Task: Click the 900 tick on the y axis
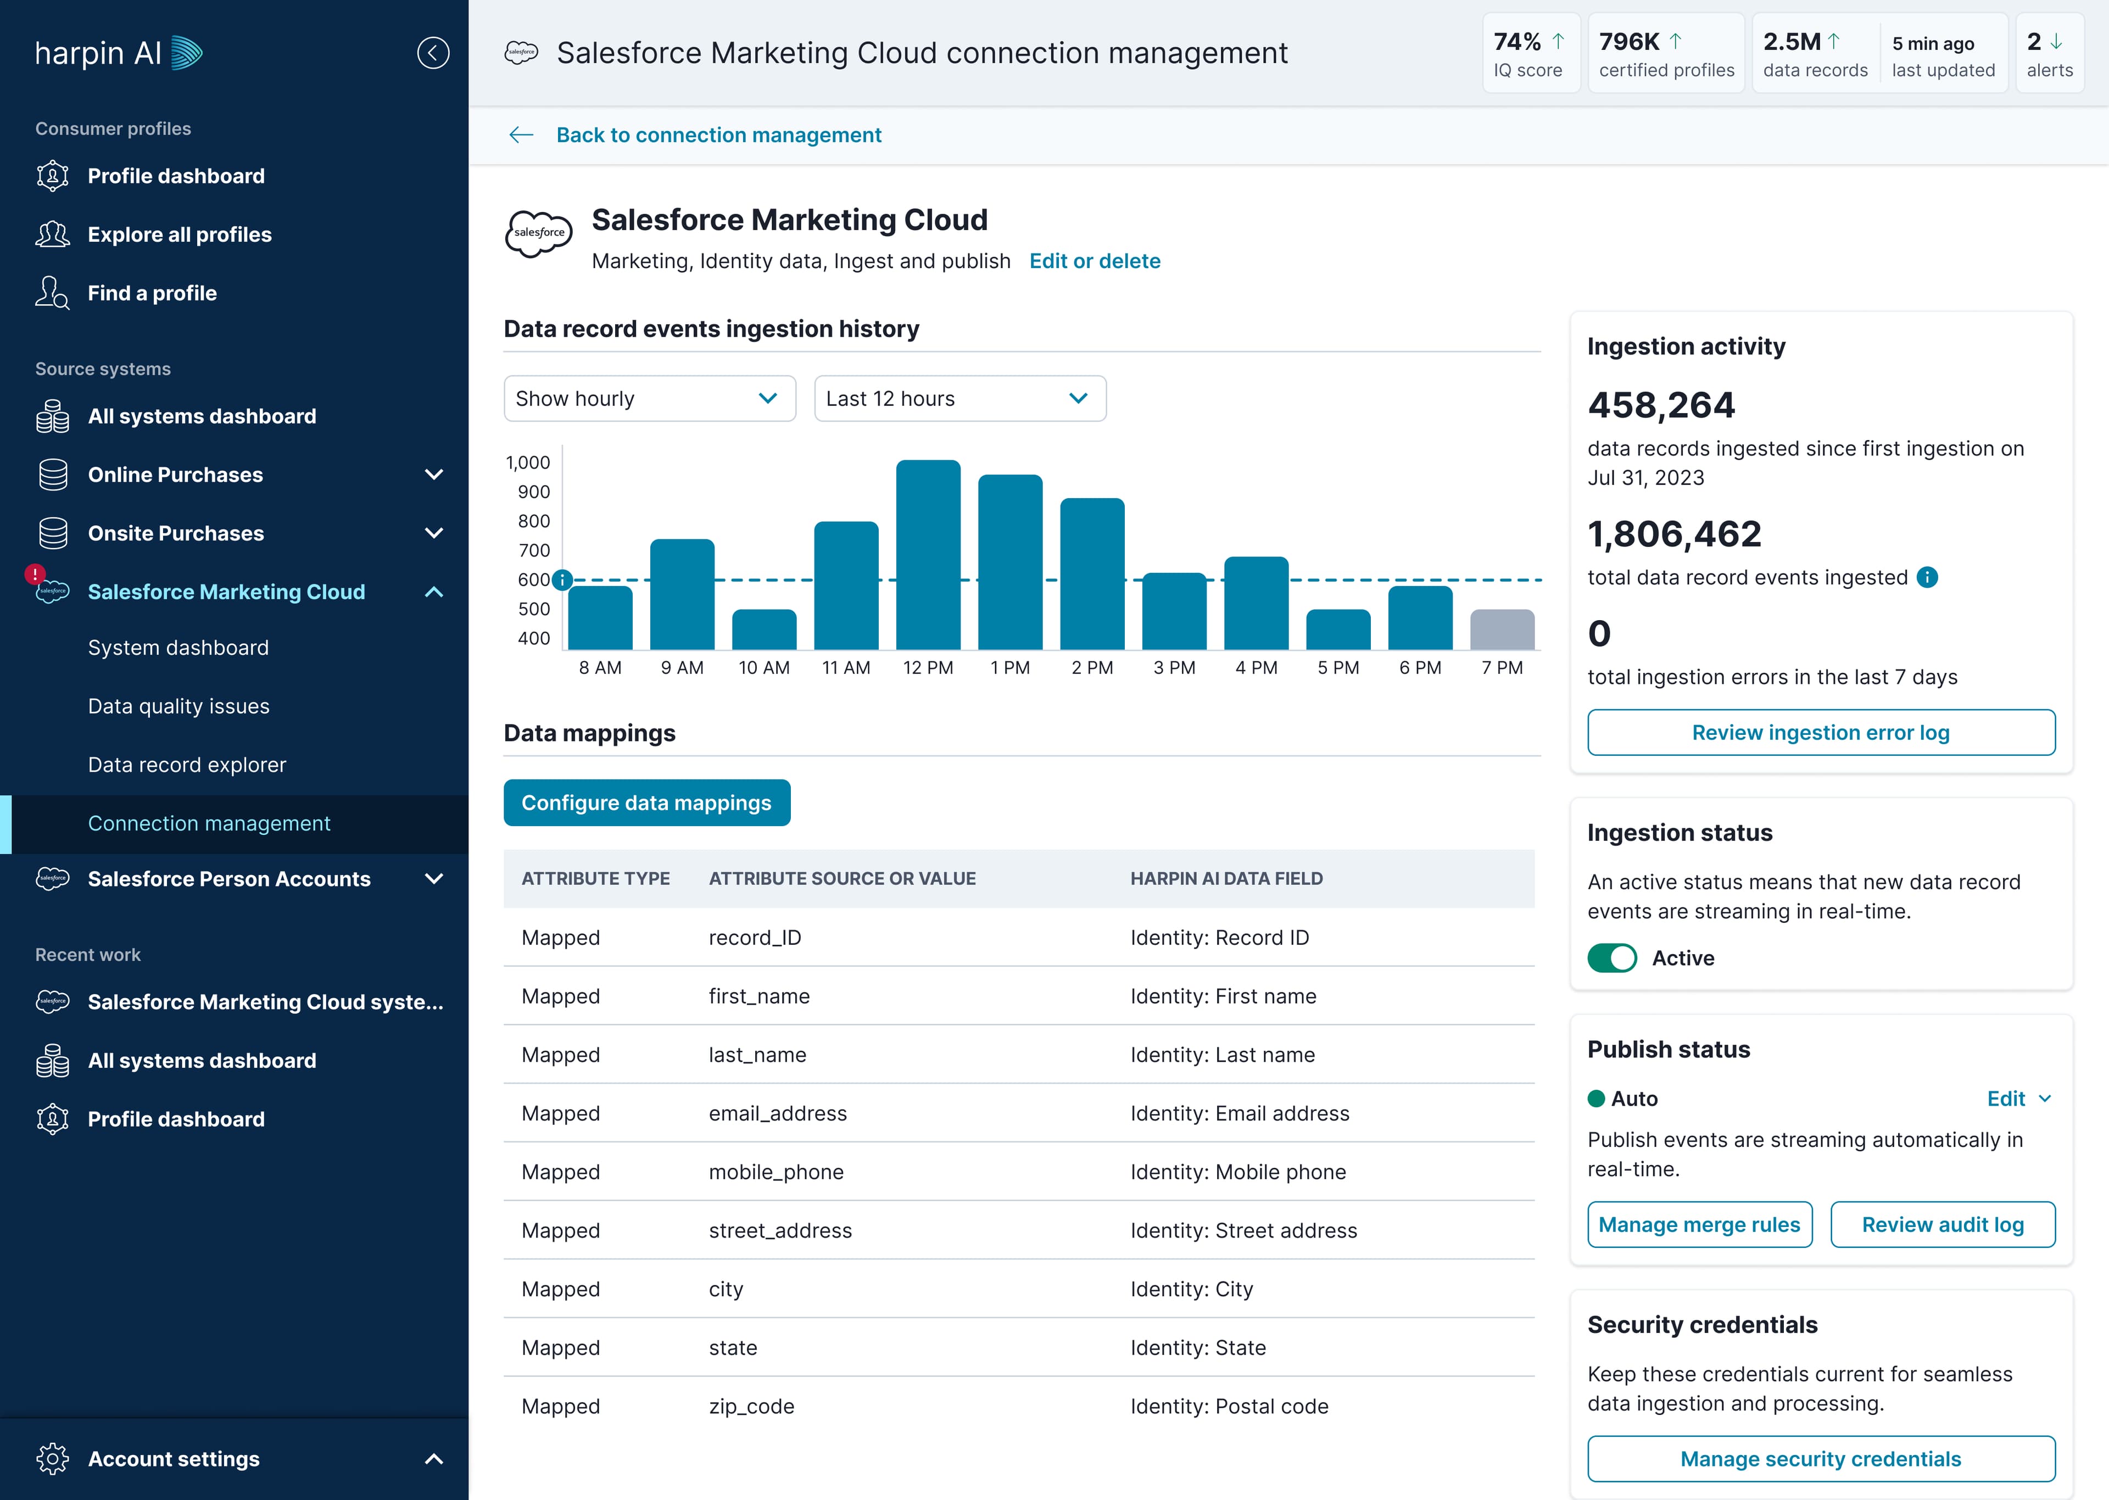point(534,492)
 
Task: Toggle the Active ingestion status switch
point(1612,958)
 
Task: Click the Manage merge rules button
point(1700,1225)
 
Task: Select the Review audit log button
point(1943,1225)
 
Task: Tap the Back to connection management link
point(718,135)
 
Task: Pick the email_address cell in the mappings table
point(778,1113)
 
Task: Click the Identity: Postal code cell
point(1229,1406)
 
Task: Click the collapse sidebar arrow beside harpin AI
point(433,53)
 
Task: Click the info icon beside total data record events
point(1927,577)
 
